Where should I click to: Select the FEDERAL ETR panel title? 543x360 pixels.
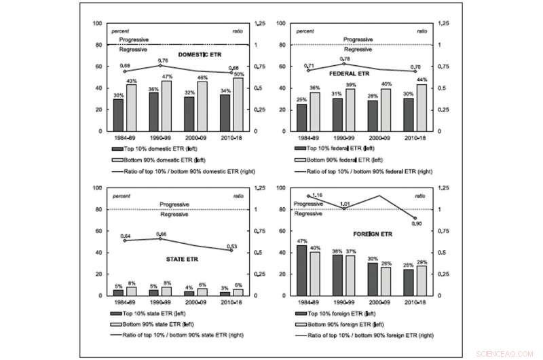[349, 73]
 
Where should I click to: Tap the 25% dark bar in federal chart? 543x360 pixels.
[302, 117]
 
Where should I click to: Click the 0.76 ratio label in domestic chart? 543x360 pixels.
[164, 60]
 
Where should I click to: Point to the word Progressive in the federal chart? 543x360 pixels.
[358, 40]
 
